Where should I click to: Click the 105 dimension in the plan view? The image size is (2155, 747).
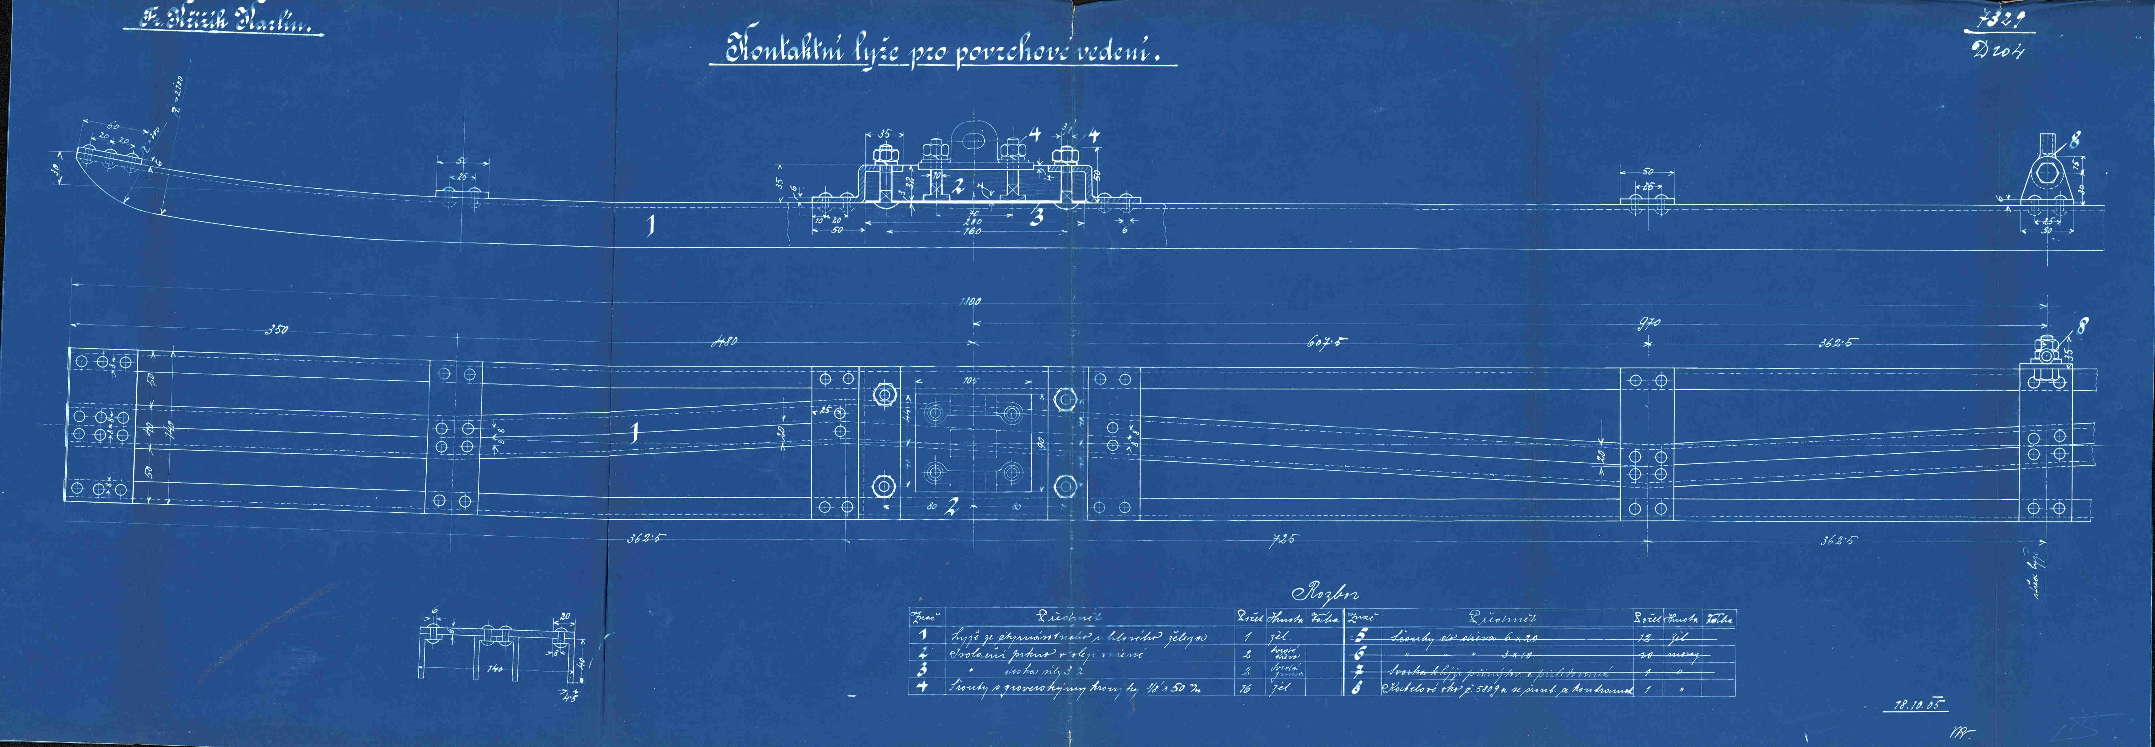pyautogui.click(x=970, y=381)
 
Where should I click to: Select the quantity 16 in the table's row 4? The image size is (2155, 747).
pyautogui.click(x=1247, y=689)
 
